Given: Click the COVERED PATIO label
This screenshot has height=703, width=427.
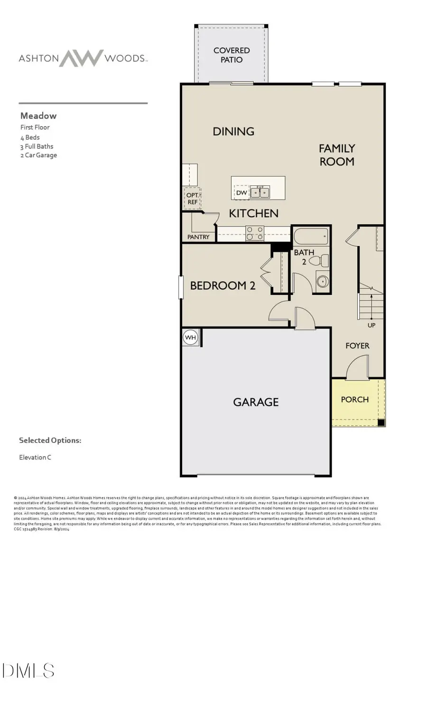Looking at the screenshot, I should point(232,55).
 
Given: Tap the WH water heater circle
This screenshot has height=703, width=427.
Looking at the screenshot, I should point(190,338).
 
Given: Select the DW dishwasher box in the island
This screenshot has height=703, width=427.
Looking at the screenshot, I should point(241,192).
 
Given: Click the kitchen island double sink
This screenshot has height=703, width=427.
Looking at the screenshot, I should point(260,192).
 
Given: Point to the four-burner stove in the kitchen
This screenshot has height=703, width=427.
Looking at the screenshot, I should point(255,233).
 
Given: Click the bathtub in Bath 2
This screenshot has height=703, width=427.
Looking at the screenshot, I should point(311,236).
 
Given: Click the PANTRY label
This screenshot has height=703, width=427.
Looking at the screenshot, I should point(198,237).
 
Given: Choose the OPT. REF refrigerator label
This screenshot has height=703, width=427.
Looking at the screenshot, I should point(192,199).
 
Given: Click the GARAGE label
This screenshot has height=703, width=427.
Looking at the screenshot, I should point(256,402).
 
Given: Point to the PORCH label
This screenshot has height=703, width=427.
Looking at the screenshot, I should point(355,400).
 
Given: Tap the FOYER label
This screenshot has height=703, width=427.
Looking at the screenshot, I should point(357,346).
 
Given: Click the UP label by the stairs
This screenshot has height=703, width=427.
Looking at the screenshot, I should point(371,325).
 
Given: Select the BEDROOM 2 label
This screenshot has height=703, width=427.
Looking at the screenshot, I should point(223,285).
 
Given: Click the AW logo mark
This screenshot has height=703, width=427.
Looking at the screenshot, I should point(81,58).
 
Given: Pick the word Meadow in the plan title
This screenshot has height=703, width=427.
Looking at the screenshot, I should point(38,116).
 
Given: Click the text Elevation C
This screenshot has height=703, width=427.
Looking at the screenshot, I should point(35,457).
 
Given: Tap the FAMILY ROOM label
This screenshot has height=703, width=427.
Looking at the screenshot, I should point(337,155).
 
